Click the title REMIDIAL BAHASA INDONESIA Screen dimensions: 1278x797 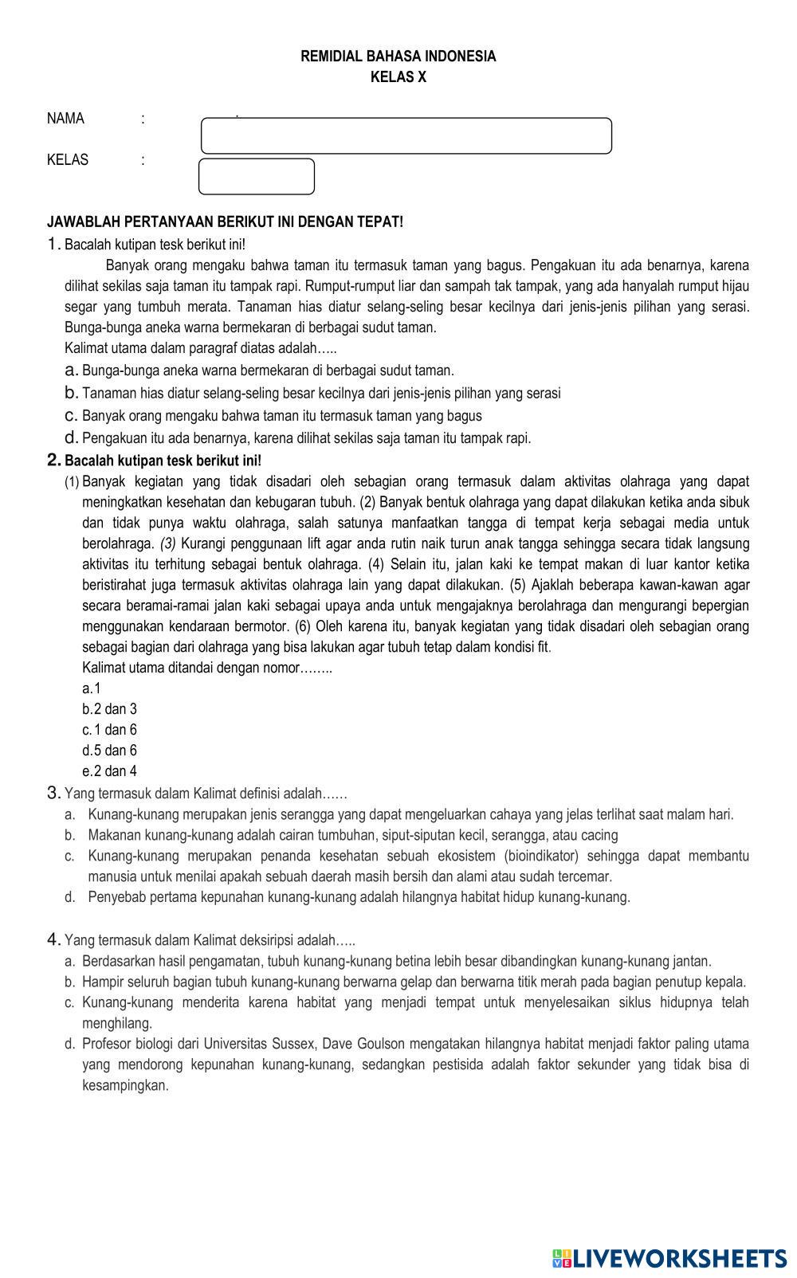pyautogui.click(x=398, y=57)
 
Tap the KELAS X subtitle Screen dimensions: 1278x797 pyautogui.click(x=398, y=77)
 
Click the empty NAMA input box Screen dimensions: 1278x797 pyautogui.click(x=406, y=135)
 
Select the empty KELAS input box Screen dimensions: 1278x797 pyautogui.click(x=256, y=176)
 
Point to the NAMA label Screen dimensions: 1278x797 pyautogui.click(x=65, y=119)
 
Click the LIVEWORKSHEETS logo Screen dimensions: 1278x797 pyautogui.click(x=669, y=1258)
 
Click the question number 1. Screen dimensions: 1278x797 pyautogui.click(x=53, y=244)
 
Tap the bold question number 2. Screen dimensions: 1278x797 pyautogui.click(x=54, y=461)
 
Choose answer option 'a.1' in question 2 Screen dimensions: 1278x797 pyautogui.click(x=92, y=688)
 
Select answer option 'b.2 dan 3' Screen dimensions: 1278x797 pyautogui.click(x=109, y=709)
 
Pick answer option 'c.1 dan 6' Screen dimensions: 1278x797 pyautogui.click(x=109, y=730)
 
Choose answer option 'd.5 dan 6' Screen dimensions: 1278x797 pyautogui.click(x=109, y=751)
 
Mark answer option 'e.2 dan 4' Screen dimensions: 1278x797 pyautogui.click(x=109, y=771)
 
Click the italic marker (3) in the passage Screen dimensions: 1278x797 pyautogui.click(x=167, y=544)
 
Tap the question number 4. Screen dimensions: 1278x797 pyautogui.click(x=53, y=939)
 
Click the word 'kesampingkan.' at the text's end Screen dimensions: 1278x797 pyautogui.click(x=125, y=1085)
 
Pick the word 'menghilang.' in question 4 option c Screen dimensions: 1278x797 pyautogui.click(x=116, y=1023)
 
